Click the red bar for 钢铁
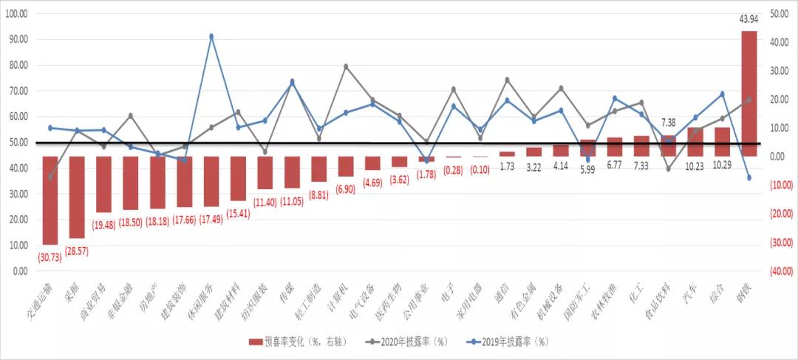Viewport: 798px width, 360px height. tap(748, 93)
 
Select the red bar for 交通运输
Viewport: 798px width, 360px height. tap(50, 200)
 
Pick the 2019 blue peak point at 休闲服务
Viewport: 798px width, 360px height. tap(211, 36)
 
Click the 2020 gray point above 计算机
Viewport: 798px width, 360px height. tap(346, 67)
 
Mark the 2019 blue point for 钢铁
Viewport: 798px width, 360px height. tap(748, 178)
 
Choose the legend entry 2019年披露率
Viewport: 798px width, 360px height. tap(510, 342)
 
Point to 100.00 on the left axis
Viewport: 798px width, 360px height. tap(16, 14)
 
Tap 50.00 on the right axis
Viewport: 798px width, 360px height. tap(780, 13)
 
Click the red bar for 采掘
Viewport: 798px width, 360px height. tap(77, 197)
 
